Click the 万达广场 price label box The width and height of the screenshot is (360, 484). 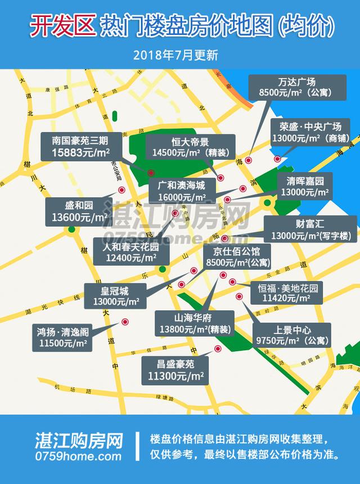click(293, 85)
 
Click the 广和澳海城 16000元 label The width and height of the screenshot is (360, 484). click(182, 191)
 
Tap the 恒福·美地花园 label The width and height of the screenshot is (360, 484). click(288, 293)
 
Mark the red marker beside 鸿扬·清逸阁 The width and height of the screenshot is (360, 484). click(125, 322)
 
